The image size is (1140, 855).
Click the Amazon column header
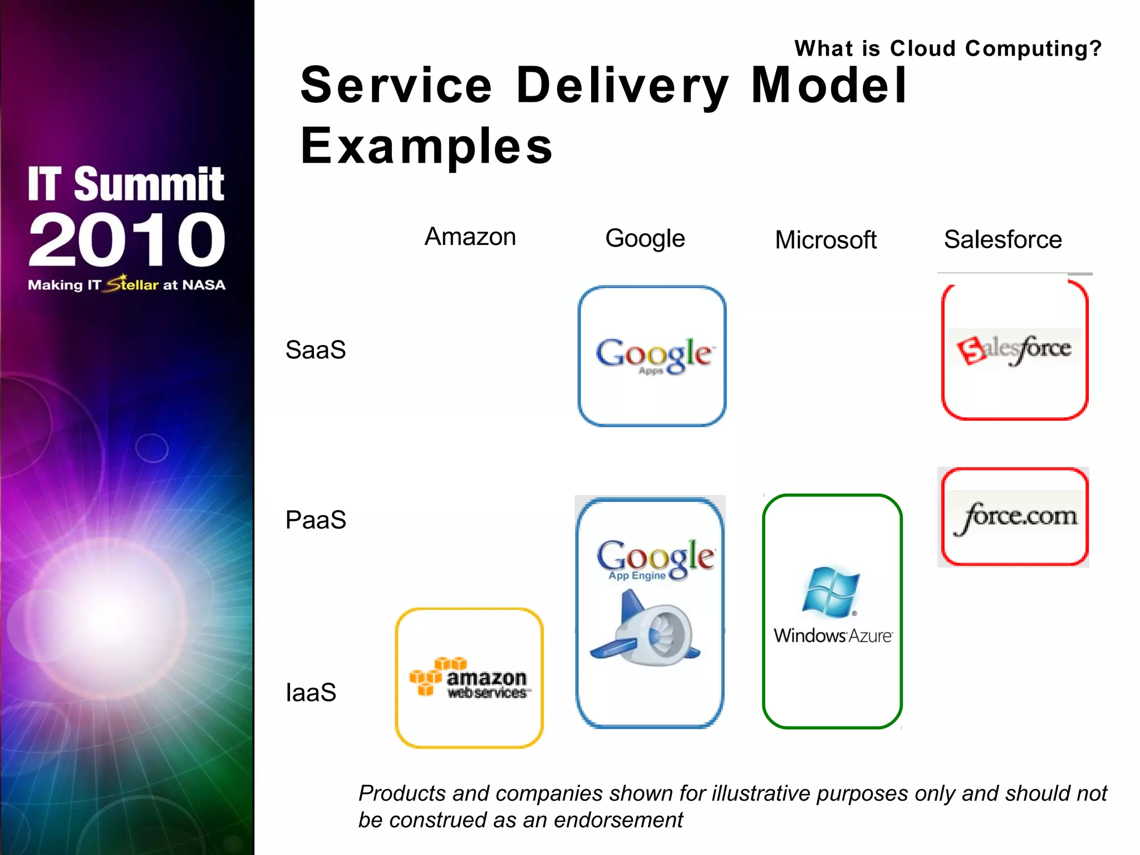pyautogui.click(x=470, y=237)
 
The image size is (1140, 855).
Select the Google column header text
pyautogui.click(x=645, y=239)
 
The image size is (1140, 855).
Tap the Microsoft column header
pyautogui.click(x=825, y=240)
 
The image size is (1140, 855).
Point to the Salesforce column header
pyautogui.click(x=1003, y=240)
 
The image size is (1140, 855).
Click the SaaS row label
pyautogui.click(x=315, y=350)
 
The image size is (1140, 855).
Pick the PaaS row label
pyautogui.click(x=315, y=520)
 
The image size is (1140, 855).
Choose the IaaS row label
pyautogui.click(x=311, y=692)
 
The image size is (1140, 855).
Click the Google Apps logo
pyautogui.click(x=653, y=355)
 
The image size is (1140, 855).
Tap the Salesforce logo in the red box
pyautogui.click(x=1014, y=349)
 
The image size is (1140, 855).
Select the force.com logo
pyautogui.click(x=1015, y=517)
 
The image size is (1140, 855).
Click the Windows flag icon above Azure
pyautogui.click(x=831, y=592)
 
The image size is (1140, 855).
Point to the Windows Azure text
pyautogui.click(x=833, y=636)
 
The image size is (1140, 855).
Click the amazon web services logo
pyautogui.click(x=470, y=678)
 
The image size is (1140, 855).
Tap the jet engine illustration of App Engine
pyautogui.click(x=648, y=629)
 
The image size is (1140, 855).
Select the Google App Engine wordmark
pyautogui.click(x=655, y=559)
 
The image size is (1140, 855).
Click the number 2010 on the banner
pyautogui.click(x=127, y=239)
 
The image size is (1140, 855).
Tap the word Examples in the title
pyautogui.click(x=426, y=146)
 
